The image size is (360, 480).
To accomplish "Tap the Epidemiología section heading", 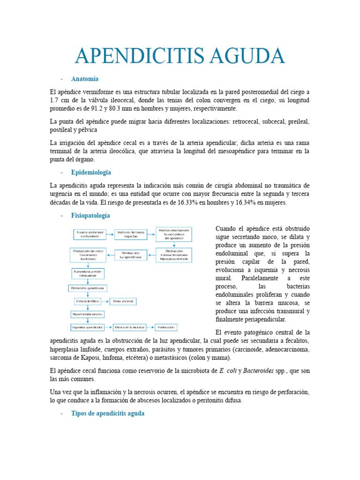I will coord(91,172).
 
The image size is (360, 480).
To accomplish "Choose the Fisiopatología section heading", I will coord(90,215).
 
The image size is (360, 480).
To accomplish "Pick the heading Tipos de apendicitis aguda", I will coord(108,413).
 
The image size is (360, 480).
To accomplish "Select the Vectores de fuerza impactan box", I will coord(128,234).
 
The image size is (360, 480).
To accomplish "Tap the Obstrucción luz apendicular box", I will coord(130,255).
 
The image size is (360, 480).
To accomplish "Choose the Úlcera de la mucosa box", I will coord(128,327).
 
